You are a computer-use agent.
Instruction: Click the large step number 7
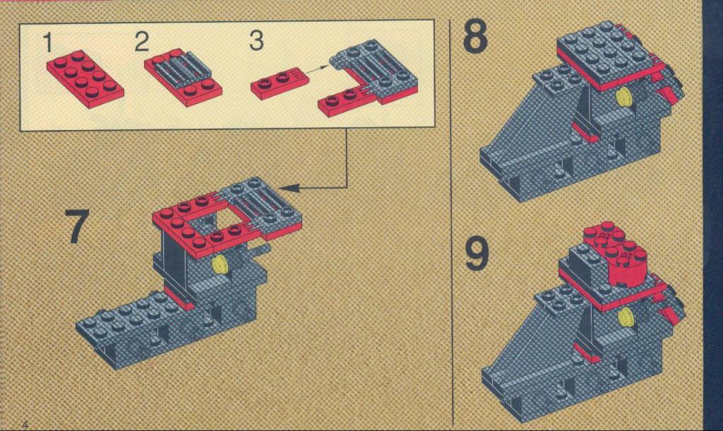click(76, 227)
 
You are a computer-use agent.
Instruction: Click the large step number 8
click(475, 36)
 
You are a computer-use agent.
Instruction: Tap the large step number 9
click(477, 254)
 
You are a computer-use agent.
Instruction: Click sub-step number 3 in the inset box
click(256, 40)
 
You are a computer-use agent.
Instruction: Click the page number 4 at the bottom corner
click(25, 424)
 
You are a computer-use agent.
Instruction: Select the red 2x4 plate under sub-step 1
click(85, 78)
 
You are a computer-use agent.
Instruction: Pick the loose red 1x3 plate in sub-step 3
click(280, 83)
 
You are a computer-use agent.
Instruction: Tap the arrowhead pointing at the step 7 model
click(289, 188)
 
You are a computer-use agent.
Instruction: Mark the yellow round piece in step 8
click(624, 98)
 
